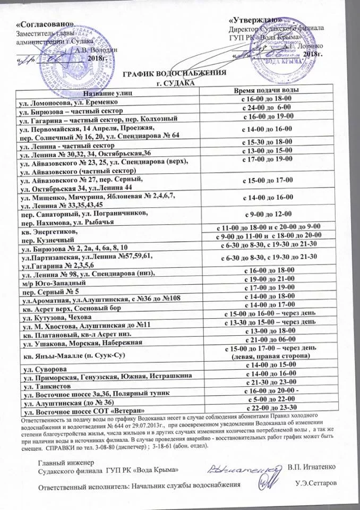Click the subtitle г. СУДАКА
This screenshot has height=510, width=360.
click(x=175, y=83)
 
